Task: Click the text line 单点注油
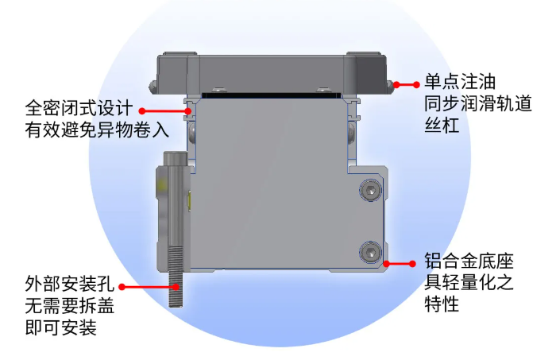coord(460,82)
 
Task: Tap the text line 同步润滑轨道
coord(478,103)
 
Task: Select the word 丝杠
coord(442,126)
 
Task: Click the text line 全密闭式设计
coord(79,108)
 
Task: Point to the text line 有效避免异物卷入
coord(97,130)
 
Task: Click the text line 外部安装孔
coord(70,284)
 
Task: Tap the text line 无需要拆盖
coord(70,305)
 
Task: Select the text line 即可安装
coord(60,327)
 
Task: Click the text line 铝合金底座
coord(469,261)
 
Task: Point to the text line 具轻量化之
coord(469,282)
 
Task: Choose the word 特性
coord(442,304)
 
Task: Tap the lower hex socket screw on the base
coord(371,253)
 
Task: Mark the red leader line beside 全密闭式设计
coord(166,111)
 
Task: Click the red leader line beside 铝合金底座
coord(400,264)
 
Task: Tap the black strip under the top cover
coord(272,95)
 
